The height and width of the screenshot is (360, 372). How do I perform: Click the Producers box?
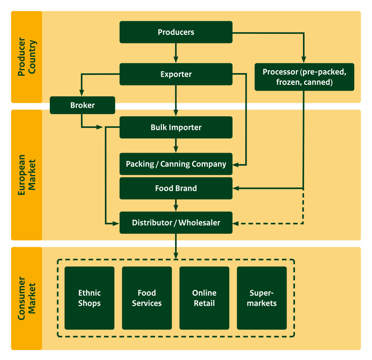(176, 32)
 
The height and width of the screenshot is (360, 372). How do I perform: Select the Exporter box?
(176, 74)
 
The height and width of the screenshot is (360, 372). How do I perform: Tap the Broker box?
(82, 105)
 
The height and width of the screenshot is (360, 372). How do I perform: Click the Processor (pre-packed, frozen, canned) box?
(304, 77)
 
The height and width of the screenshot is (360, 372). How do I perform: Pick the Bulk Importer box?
(176, 127)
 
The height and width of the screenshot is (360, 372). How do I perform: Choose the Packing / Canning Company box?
(176, 164)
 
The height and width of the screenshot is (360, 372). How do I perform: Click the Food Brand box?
(176, 188)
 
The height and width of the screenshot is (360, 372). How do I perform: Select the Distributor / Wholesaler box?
(176, 223)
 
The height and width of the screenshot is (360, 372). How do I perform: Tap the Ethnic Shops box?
(89, 298)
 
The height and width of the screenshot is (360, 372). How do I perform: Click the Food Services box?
(147, 298)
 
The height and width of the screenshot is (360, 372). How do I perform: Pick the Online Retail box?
(204, 298)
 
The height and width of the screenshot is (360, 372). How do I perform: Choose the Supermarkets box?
(262, 298)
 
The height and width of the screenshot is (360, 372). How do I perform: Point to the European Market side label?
(27, 175)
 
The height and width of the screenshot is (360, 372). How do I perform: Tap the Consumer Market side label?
(27, 299)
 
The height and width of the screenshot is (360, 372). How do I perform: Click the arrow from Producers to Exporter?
(176, 53)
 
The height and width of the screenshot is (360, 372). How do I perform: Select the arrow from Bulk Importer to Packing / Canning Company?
(176, 145)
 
